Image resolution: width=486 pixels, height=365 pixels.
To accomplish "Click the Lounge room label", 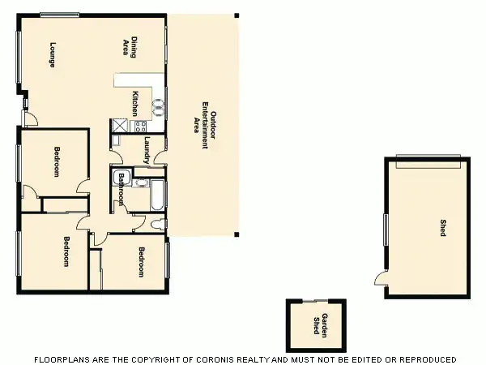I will (52, 54).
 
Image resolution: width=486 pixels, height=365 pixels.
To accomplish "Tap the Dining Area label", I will (128, 47).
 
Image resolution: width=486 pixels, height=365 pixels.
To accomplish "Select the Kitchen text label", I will (136, 103).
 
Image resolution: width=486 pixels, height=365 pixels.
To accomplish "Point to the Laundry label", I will (147, 148).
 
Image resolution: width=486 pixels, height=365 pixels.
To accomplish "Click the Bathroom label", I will (122, 190).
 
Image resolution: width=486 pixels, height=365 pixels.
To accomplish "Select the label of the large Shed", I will (442, 228).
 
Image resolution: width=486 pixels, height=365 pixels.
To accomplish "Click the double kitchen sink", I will (160, 105).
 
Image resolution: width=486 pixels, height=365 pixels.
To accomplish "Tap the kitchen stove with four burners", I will (139, 126).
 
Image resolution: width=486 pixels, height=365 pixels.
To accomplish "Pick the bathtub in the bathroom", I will (157, 195).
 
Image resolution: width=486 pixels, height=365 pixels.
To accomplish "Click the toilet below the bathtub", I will (157, 222).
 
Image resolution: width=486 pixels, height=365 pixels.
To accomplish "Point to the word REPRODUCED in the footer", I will (424, 359).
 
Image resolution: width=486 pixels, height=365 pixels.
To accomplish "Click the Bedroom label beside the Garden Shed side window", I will (141, 261).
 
